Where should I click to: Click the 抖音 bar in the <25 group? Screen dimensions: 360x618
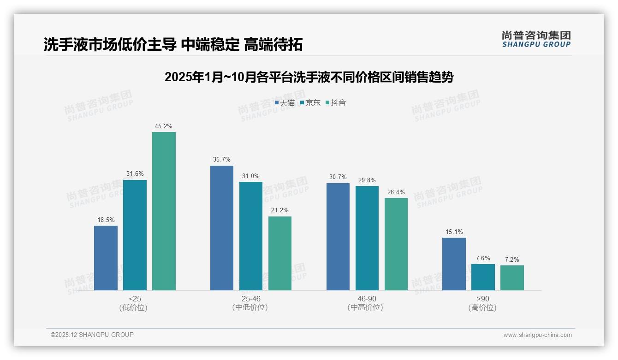tap(164, 211)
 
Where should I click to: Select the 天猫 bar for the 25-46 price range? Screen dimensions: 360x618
tap(222, 228)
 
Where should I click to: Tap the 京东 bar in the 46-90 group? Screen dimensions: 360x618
tap(367, 238)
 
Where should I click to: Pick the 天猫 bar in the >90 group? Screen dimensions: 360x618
tap(454, 264)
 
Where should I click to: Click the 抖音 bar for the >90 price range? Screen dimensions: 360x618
tap(512, 278)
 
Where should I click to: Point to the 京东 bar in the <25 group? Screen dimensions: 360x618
tap(135, 235)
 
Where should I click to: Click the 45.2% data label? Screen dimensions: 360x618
tap(164, 126)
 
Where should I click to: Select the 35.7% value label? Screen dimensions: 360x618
tap(222, 160)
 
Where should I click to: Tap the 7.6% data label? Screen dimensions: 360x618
tap(483, 258)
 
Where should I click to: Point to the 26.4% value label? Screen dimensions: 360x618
tap(396, 192)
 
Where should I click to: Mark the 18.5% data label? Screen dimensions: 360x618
tap(106, 220)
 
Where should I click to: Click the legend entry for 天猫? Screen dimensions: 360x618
tap(285, 103)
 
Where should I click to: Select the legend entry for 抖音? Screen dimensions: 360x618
tap(336, 103)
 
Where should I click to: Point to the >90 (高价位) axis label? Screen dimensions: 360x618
tap(483, 303)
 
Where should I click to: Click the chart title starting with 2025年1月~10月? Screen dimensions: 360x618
tap(309, 77)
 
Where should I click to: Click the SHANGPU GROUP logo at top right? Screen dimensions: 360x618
tap(536, 39)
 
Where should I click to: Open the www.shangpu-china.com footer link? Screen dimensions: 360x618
tap(537, 335)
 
